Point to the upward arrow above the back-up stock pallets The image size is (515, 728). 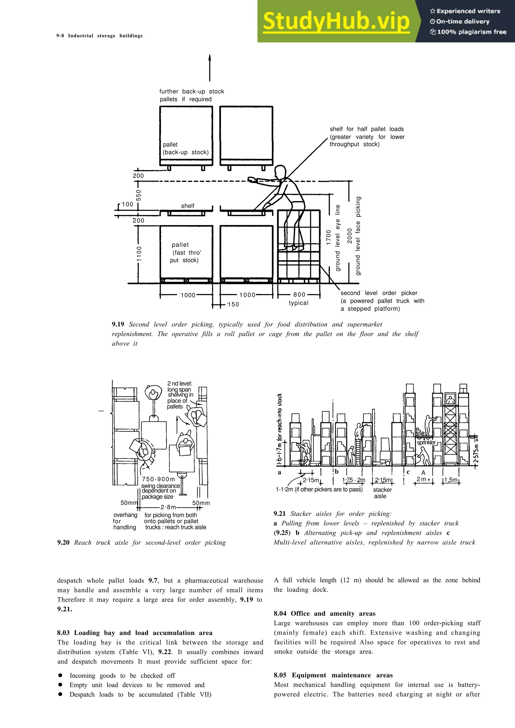coord(209,68)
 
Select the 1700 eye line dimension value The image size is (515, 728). coord(329,237)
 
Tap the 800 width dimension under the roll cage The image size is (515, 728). coord(299,295)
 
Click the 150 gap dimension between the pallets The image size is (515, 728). coord(233,304)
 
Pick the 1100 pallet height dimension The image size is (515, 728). coord(139,254)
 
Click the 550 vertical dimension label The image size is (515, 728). coord(139,195)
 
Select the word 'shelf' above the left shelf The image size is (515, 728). coord(188,206)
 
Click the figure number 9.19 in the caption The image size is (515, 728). coord(118,324)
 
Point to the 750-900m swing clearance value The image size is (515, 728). coord(158,479)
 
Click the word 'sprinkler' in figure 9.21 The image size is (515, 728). coord(426,442)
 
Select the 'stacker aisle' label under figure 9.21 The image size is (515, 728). coord(382,493)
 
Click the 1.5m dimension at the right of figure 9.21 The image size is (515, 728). coord(451,480)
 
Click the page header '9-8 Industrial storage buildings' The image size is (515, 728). coord(100,36)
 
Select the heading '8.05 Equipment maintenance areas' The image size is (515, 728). coord(333,675)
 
